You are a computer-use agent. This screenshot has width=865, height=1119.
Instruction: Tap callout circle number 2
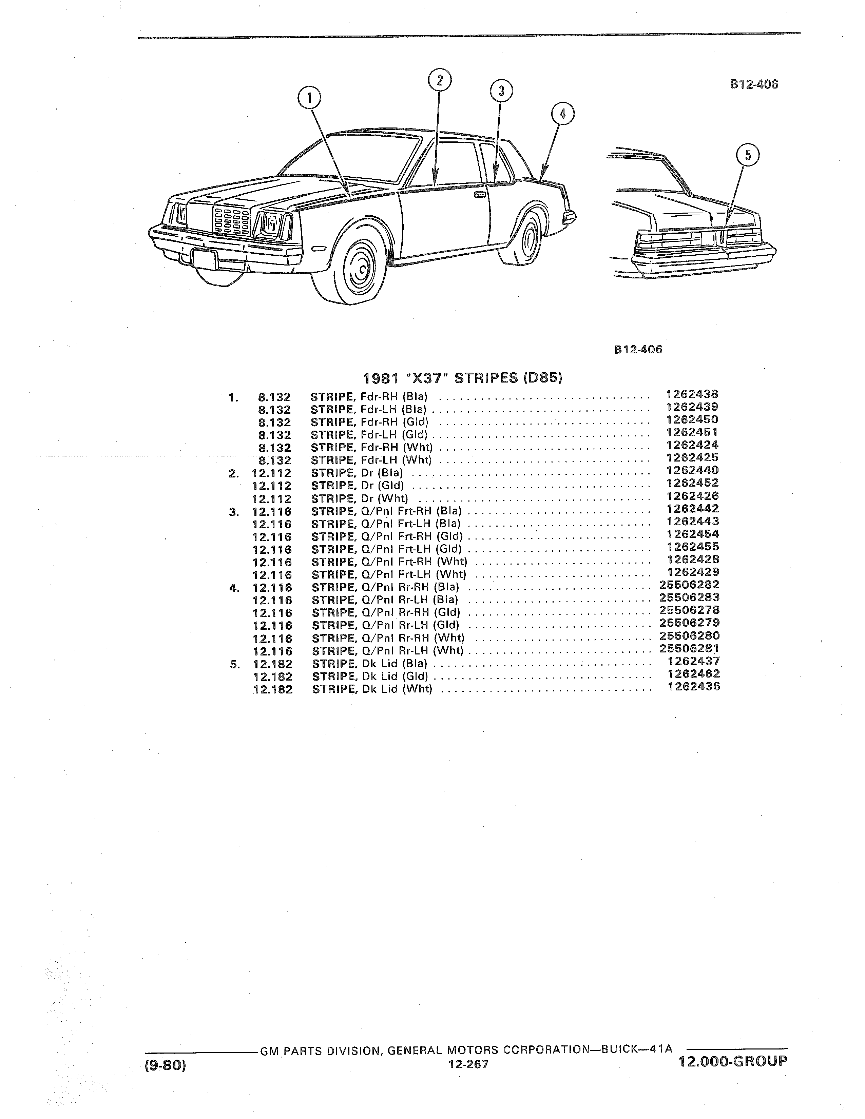(x=439, y=81)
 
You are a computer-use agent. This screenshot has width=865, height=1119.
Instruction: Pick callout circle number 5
(x=748, y=155)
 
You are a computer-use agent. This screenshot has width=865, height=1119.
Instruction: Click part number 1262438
(x=692, y=394)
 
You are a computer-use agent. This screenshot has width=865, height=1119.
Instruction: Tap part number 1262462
(x=693, y=674)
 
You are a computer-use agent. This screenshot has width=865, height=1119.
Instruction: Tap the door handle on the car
(x=480, y=195)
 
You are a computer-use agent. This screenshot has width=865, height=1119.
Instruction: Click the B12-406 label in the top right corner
(x=754, y=84)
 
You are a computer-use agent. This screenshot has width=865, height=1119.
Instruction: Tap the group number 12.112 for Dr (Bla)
(x=272, y=473)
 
